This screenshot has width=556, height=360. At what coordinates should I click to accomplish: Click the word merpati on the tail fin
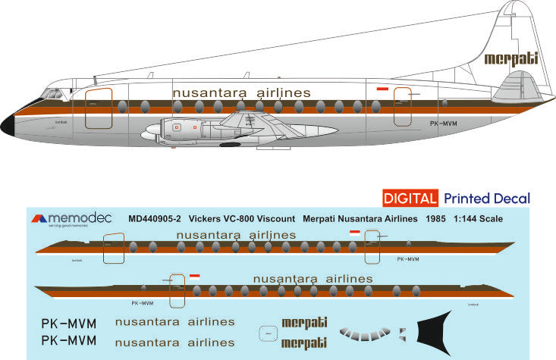point(510,58)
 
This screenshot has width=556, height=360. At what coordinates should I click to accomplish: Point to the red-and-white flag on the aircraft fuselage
point(382,89)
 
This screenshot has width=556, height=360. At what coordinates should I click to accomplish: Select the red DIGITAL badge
point(410,199)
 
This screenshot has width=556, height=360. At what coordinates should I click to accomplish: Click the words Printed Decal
point(486,199)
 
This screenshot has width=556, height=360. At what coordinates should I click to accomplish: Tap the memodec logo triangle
point(39,218)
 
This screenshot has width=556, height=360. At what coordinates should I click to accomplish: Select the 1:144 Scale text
point(477,218)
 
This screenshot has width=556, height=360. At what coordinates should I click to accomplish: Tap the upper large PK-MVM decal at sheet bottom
point(68,322)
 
